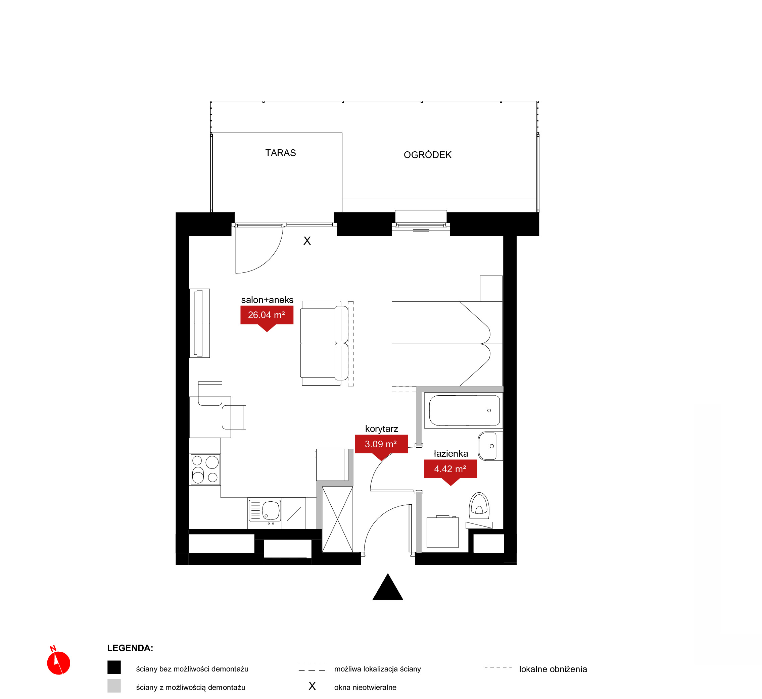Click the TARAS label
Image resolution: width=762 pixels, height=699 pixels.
pyautogui.click(x=280, y=153)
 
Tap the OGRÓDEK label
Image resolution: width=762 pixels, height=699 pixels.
pyautogui.click(x=428, y=155)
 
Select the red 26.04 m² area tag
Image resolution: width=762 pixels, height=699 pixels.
pyautogui.click(x=267, y=317)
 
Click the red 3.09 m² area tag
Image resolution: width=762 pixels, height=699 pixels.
pyautogui.click(x=381, y=447)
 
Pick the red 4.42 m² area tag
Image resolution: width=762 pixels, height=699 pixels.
pyautogui.click(x=450, y=472)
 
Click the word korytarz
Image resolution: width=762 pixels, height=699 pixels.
pyautogui.click(x=381, y=429)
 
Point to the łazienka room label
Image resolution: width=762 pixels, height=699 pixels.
pyautogui.click(x=450, y=453)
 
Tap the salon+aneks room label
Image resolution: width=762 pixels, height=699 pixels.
pyautogui.click(x=267, y=300)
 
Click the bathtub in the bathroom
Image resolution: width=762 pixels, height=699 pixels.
pyautogui.click(x=464, y=410)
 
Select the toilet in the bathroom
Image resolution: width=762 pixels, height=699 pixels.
pyautogui.click(x=479, y=506)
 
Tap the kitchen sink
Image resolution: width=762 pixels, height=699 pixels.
pyautogui.click(x=265, y=511)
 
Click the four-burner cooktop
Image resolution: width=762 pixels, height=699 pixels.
pyautogui.click(x=205, y=469)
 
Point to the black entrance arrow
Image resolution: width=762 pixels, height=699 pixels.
pyautogui.click(x=387, y=587)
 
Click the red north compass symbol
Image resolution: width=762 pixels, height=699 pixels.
pyautogui.click(x=58, y=661)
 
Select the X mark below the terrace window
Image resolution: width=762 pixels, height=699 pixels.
pyautogui.click(x=307, y=241)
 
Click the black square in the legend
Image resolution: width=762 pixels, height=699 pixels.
pyautogui.click(x=114, y=667)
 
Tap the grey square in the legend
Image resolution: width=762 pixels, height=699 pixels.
pyautogui.click(x=114, y=686)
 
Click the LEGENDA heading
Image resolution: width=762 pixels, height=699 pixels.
pyautogui.click(x=130, y=648)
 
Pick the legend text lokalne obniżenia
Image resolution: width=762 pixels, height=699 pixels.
pyautogui.click(x=553, y=669)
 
